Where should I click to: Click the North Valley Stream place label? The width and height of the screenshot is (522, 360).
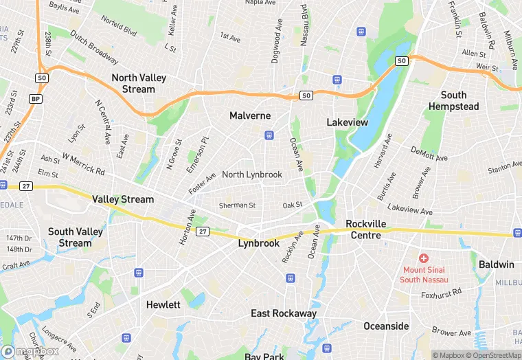point(139,83)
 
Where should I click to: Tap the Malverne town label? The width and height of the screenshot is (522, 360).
point(250,115)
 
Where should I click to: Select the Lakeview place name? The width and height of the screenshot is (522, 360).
point(347,122)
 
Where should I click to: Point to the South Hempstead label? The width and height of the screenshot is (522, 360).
point(453,100)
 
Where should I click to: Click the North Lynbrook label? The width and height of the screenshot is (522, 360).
point(252,175)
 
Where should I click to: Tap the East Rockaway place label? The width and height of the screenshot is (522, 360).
point(284,313)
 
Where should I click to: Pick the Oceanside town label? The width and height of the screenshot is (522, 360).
point(385,326)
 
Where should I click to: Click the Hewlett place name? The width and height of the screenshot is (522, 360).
point(163,304)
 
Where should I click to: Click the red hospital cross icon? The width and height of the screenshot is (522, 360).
point(424,258)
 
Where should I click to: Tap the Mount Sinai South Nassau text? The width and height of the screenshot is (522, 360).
point(424,274)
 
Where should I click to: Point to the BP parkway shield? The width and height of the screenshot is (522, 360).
point(34,99)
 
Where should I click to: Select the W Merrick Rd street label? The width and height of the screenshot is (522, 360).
point(82,164)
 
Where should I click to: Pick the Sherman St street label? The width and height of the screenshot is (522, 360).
point(237,205)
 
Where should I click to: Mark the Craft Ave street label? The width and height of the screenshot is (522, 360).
point(16,265)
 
